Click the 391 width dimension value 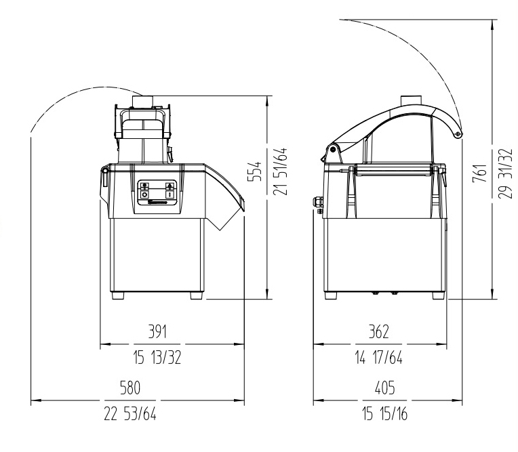point(157,331)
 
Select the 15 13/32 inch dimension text point(157,357)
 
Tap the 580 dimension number point(130,388)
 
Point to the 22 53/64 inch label point(130,413)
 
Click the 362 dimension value point(378,331)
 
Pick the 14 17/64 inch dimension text point(379,357)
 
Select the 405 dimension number point(385,388)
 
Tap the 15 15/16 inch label point(385,413)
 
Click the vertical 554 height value point(255,171)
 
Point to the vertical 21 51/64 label point(281,171)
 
